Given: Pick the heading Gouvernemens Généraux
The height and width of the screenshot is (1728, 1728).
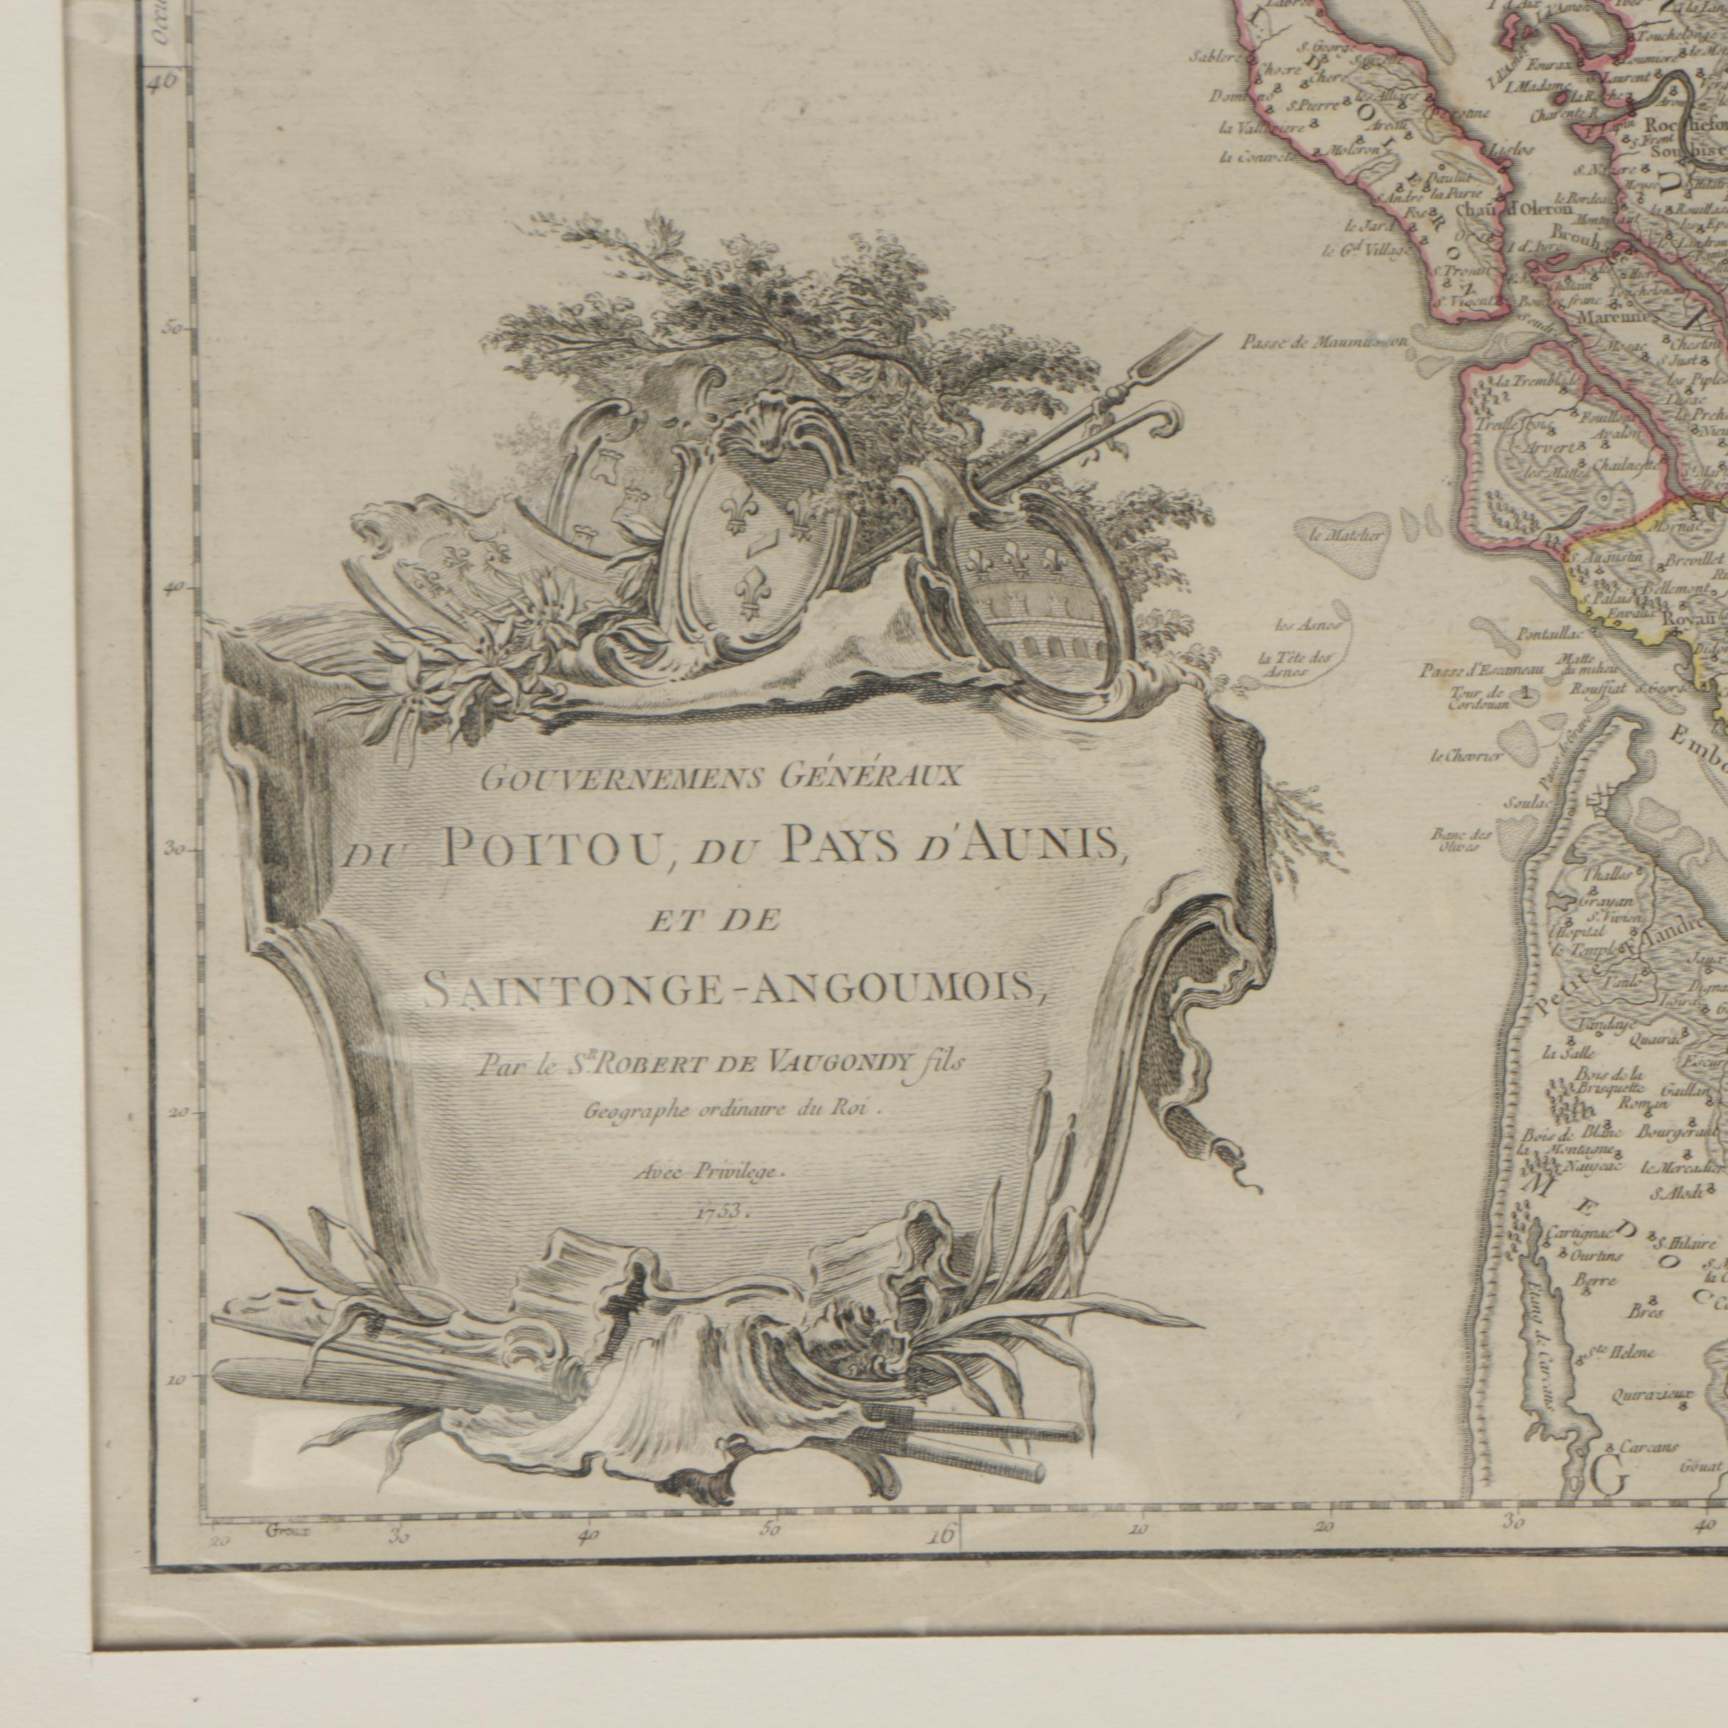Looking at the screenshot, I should pyautogui.click(x=720, y=777).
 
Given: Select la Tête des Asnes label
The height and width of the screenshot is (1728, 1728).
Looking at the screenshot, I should pyautogui.click(x=1295, y=663).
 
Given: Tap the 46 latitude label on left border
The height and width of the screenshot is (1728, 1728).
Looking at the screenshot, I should pyautogui.click(x=166, y=80).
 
